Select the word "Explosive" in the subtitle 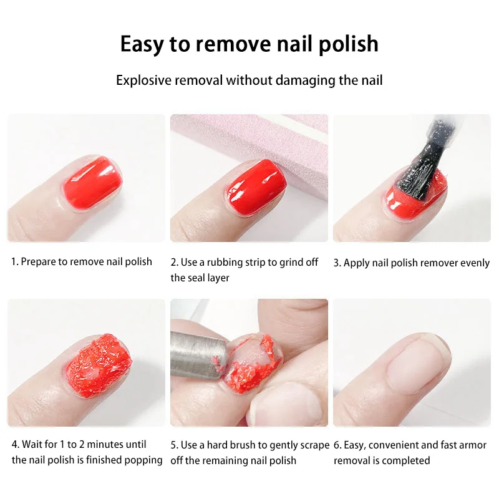(145, 80)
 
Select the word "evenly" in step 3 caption (475, 263)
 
